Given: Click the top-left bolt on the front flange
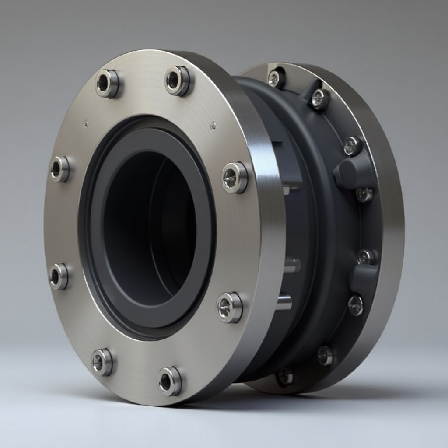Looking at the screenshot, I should pos(107,83).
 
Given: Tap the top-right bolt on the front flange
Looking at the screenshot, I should pos(177,80).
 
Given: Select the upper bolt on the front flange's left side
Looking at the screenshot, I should pos(59,169).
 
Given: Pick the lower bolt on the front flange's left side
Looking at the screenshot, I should pos(58,276).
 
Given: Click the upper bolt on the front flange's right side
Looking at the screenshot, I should pos(234,178).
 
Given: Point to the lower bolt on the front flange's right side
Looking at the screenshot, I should pos(229,308).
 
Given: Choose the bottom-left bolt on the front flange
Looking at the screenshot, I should pos(101,362).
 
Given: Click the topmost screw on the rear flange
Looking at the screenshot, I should pos(275,78).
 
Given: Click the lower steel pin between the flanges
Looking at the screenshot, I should pos(284,302).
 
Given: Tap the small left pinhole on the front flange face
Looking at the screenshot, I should pos(86,124).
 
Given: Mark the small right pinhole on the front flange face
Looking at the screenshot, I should pos(213,126).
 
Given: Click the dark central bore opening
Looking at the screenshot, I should pos(149,227).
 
